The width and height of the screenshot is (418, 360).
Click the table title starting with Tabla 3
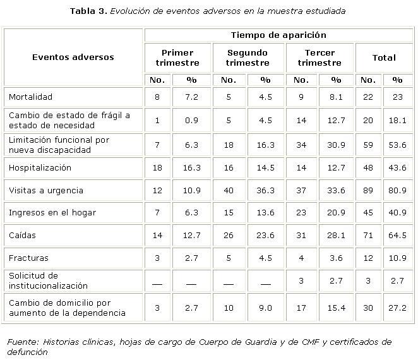pos(208,11)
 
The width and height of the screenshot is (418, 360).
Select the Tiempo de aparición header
pos(278,35)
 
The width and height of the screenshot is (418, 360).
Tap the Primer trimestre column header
pos(177,57)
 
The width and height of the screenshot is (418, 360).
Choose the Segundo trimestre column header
pos(247,57)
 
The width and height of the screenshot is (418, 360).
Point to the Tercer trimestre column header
pos(319,57)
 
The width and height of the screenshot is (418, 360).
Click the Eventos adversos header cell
pos(73,57)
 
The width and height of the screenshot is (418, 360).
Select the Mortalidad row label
pos(30,97)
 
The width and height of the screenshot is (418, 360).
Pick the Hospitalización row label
pos(40,168)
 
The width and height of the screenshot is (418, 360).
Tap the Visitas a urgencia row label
pos(46,190)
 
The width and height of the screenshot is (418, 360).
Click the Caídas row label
pos(22,236)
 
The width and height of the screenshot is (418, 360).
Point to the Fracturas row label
pos(28,258)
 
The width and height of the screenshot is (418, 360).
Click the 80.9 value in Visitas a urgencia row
pos(397,190)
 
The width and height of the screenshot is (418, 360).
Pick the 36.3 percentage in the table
pos(265,190)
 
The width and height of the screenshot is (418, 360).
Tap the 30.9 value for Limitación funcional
pos(336,145)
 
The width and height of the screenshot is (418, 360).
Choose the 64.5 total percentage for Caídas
pos(397,236)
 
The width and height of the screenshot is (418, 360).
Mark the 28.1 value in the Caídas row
pos(336,236)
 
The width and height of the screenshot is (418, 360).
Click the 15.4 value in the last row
pos(336,308)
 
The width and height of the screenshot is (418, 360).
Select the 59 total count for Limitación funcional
pos(368,145)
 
